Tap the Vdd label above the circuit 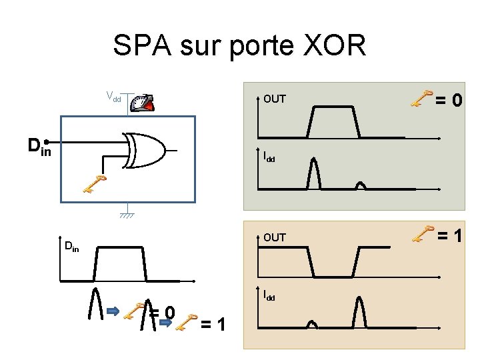click(113, 96)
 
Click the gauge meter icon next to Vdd click(143, 102)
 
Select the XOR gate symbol click(147, 150)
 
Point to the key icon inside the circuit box click(95, 183)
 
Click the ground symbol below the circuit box click(126, 215)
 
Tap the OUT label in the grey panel click(274, 99)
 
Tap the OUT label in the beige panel click(274, 237)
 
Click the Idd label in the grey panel click(269, 158)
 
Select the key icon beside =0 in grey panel click(421, 99)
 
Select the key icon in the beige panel click(421, 233)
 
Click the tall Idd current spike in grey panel click(313, 175)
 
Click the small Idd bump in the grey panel click(361, 185)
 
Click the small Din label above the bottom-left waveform click(71, 247)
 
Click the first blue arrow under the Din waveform click(113, 311)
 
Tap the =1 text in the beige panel click(450, 235)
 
